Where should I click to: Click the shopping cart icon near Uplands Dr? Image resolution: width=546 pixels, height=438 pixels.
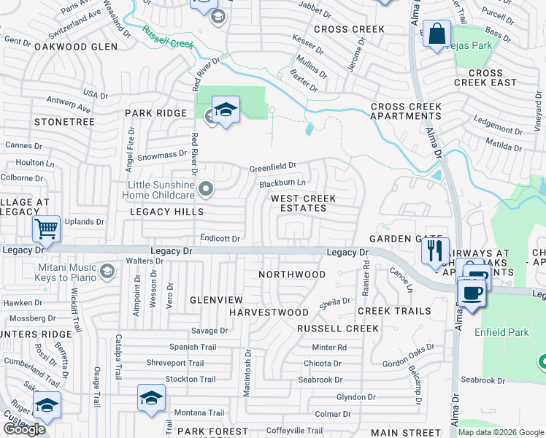(x=46, y=229)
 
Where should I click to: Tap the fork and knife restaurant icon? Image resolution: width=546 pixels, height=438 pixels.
(x=435, y=251)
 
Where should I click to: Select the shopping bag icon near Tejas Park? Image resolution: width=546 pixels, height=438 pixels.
(x=436, y=34)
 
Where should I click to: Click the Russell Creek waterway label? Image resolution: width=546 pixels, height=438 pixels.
(x=167, y=38)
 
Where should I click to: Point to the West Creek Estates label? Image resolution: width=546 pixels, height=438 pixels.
(x=304, y=203)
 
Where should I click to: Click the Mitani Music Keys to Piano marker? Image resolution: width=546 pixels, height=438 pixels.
(x=107, y=272)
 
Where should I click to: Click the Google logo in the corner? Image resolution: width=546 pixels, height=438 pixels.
(x=23, y=429)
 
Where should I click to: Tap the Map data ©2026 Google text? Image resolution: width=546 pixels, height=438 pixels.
(x=501, y=432)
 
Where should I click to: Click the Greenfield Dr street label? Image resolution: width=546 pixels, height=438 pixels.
(x=273, y=167)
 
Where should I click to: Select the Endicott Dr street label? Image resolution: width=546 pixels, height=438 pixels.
(x=220, y=239)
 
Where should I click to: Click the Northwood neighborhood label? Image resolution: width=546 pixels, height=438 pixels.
(x=292, y=274)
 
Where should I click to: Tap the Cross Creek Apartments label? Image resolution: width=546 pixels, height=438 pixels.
(x=405, y=112)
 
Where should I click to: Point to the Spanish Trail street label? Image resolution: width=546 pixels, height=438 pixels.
(x=193, y=347)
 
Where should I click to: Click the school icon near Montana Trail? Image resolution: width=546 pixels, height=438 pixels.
(x=150, y=398)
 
